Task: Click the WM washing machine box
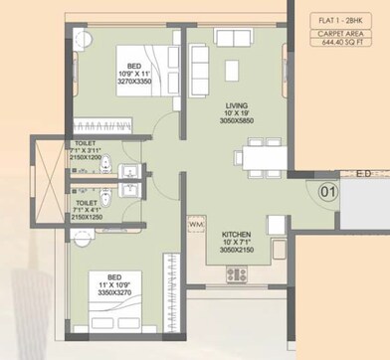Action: point(195,224)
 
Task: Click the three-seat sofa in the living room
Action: point(199,69)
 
